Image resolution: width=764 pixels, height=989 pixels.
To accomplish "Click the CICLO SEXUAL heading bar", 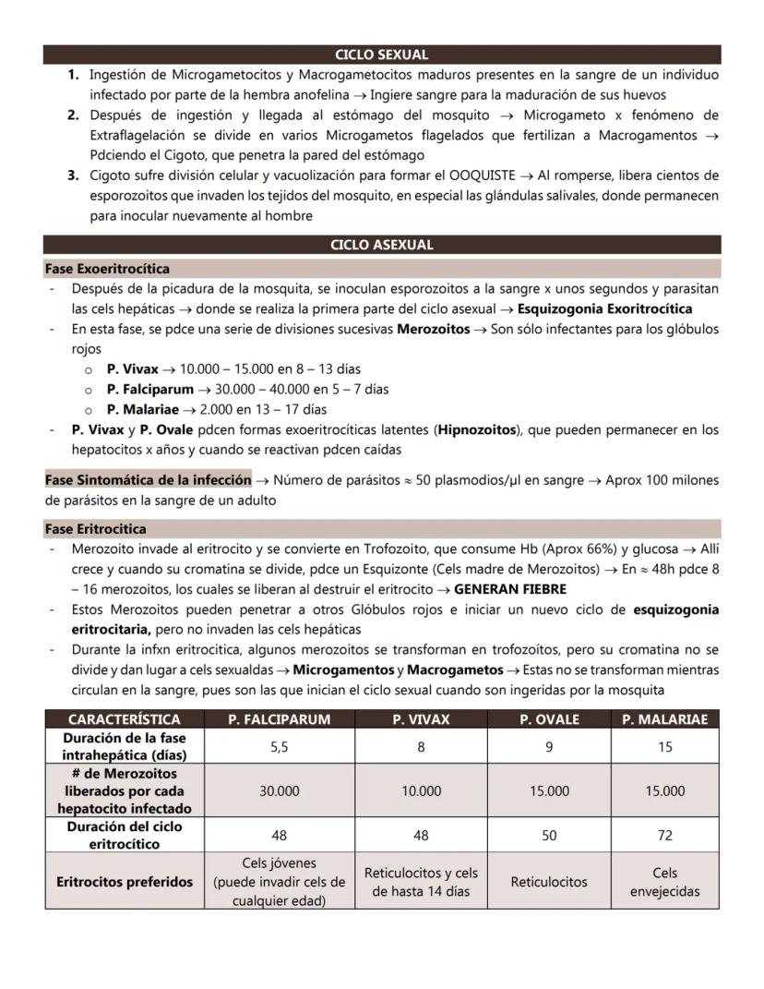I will pyautogui.click(x=382, y=54).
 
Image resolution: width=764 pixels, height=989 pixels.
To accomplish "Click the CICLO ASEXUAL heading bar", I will pyautogui.click(x=382, y=246).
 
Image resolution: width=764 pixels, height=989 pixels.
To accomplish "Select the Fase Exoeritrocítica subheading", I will pyautogui.click(x=107, y=269).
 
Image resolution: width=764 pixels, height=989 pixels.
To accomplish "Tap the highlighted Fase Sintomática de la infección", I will pyautogui.click(x=148, y=480).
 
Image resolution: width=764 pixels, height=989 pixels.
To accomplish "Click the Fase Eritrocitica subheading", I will pyautogui.click(x=96, y=529).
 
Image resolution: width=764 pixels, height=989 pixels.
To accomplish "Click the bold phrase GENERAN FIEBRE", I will pyautogui.click(x=510, y=589).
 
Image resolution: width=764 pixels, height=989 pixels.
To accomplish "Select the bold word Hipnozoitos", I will pyautogui.click(x=478, y=430).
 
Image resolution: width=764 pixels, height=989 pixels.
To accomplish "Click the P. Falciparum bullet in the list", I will pyautogui.click(x=149, y=389).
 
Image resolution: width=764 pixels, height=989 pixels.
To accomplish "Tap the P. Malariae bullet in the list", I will pyautogui.click(x=143, y=409).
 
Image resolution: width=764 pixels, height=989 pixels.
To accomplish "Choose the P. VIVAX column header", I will pyautogui.click(x=421, y=719).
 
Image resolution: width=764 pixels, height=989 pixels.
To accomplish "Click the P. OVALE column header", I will pyautogui.click(x=549, y=719).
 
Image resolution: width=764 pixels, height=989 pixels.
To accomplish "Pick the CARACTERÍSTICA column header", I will pyautogui.click(x=125, y=719).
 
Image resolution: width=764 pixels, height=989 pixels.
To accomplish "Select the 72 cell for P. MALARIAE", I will pyautogui.click(x=664, y=835).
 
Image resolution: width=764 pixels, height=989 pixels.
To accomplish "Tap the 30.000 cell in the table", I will pyautogui.click(x=279, y=791).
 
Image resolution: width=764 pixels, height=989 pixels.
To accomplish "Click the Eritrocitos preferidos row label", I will pyautogui.click(x=125, y=882).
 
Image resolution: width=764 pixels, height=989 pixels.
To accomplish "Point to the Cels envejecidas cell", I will pyautogui.click(x=664, y=882).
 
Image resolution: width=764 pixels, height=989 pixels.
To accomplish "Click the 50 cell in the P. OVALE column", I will pyautogui.click(x=549, y=835).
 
